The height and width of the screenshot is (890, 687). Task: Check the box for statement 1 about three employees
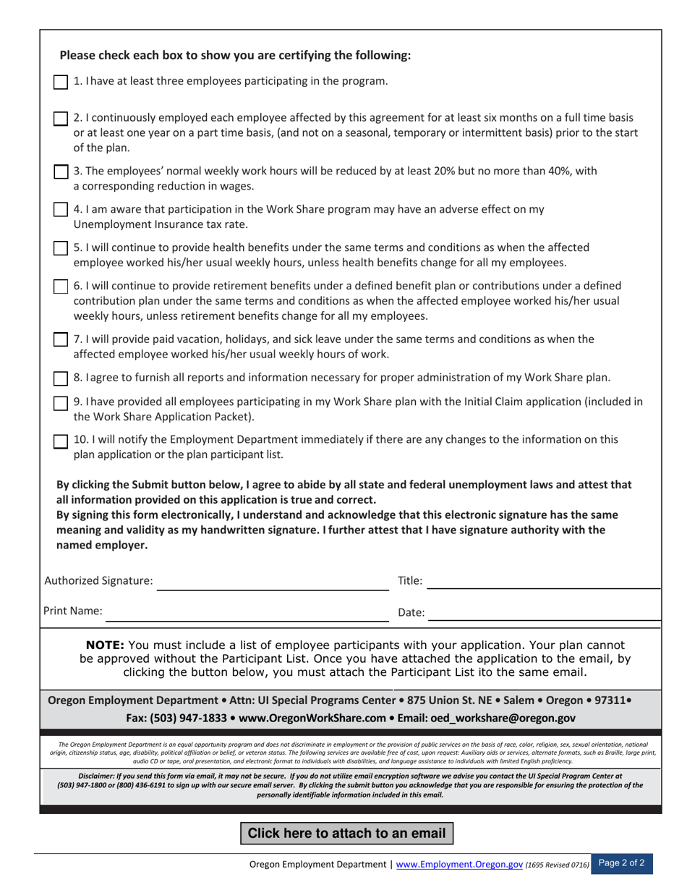[62, 82]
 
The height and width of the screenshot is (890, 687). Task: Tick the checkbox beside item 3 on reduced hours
[62, 172]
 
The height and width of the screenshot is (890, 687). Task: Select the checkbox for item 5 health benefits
[62, 248]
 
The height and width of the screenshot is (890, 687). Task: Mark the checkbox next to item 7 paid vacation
[62, 339]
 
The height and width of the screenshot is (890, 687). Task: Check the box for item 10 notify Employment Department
[62, 441]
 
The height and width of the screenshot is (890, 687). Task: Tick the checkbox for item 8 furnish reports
[62, 378]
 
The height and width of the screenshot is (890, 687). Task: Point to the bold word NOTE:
[106, 645]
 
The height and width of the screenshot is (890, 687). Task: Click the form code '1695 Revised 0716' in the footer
[557, 865]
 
